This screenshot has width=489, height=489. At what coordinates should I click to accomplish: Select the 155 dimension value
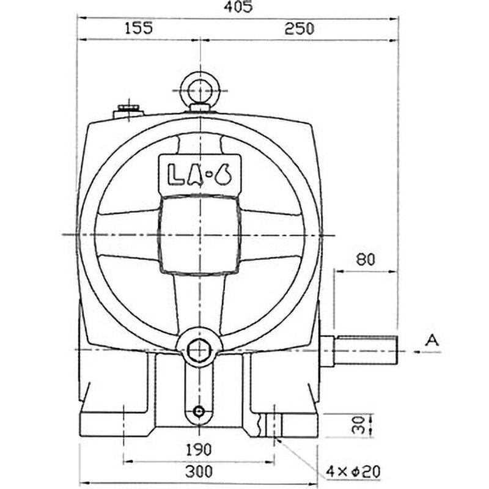tap(138, 29)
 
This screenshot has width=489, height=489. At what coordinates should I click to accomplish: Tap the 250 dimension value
tap(298, 29)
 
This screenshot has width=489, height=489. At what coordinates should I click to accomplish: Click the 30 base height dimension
tap(361, 424)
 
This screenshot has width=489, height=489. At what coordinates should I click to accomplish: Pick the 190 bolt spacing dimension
tap(199, 450)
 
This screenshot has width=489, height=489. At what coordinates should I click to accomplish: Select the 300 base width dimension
tap(199, 471)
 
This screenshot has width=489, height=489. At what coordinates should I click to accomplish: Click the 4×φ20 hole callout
tap(354, 471)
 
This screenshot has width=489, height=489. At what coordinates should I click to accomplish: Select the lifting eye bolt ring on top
tap(200, 90)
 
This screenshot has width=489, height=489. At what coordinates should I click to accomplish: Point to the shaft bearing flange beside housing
tap(326, 351)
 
